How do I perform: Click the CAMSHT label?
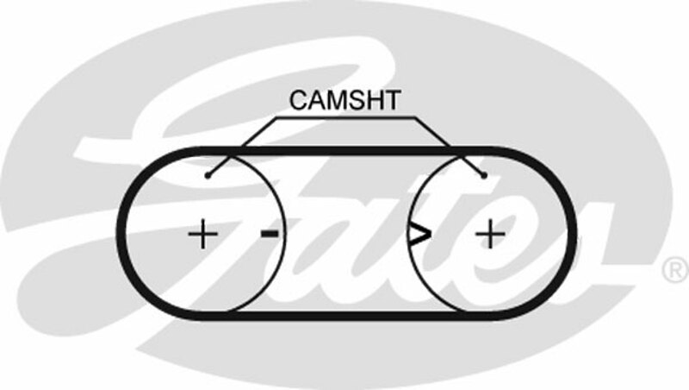[345, 100]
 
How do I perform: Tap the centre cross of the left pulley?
[202, 234]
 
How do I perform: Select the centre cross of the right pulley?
[490, 234]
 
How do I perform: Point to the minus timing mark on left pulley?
[270, 233]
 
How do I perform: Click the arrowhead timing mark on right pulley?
[419, 234]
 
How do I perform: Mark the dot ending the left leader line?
[208, 176]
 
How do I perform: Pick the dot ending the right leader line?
[484, 176]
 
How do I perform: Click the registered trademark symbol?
[675, 270]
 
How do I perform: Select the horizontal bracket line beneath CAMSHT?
[345, 117]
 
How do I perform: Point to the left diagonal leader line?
[242, 147]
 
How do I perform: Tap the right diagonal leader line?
[449, 147]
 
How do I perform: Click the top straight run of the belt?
[346, 151]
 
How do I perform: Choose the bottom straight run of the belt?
[346, 316]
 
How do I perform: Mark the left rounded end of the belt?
[121, 233]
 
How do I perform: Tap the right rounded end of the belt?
[571, 233]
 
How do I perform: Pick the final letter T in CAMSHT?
[392, 100]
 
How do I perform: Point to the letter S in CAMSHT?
[357, 100]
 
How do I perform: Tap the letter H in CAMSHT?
[374, 100]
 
